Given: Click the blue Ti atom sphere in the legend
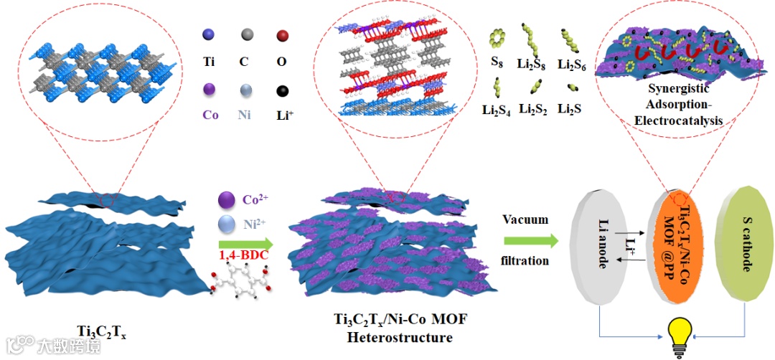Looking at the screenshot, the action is point(209,34).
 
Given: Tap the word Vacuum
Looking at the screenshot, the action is point(525,219).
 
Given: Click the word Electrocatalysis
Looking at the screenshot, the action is point(678,121).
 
